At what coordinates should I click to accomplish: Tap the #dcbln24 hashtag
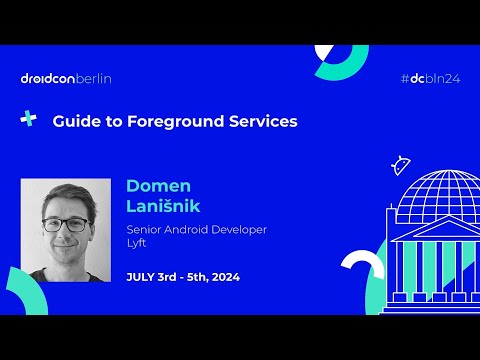click(x=429, y=78)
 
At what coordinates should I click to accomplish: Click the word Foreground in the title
click(x=151, y=121)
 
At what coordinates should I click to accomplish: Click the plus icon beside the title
click(x=29, y=119)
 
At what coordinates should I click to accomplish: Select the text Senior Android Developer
click(x=196, y=229)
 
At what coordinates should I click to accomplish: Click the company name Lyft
click(x=137, y=243)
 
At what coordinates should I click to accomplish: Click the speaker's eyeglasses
click(x=64, y=224)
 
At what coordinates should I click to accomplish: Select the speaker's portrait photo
click(x=65, y=230)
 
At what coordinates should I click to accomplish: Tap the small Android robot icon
click(x=402, y=164)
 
